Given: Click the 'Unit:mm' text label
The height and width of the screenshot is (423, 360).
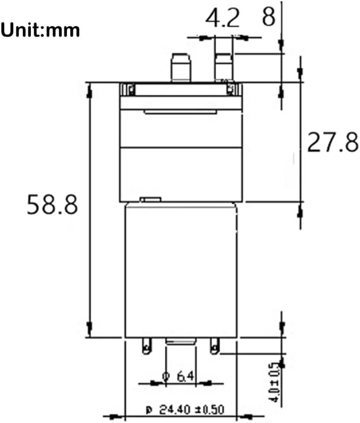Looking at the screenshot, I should [x=40, y=30].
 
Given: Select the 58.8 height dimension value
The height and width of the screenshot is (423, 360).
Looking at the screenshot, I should [x=52, y=204].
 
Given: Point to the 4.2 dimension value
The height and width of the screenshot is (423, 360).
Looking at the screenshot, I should [x=223, y=19].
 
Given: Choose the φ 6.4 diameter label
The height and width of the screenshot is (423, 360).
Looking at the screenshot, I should [x=179, y=377].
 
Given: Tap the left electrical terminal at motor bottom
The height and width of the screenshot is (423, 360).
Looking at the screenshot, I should [x=145, y=346].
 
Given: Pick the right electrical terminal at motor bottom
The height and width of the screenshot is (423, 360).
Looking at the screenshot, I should [x=214, y=346].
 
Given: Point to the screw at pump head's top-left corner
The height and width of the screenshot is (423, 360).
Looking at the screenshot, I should [x=131, y=89].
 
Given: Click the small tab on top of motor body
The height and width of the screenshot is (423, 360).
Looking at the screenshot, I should [x=150, y=200].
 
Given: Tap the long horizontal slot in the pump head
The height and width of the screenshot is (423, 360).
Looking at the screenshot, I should [x=180, y=112].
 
